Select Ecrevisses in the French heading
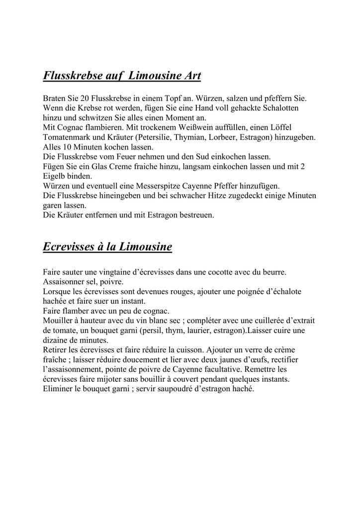[69, 247]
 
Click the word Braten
[55, 98]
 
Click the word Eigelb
[55, 176]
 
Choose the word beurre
[274, 272]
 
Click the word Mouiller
[58, 321]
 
